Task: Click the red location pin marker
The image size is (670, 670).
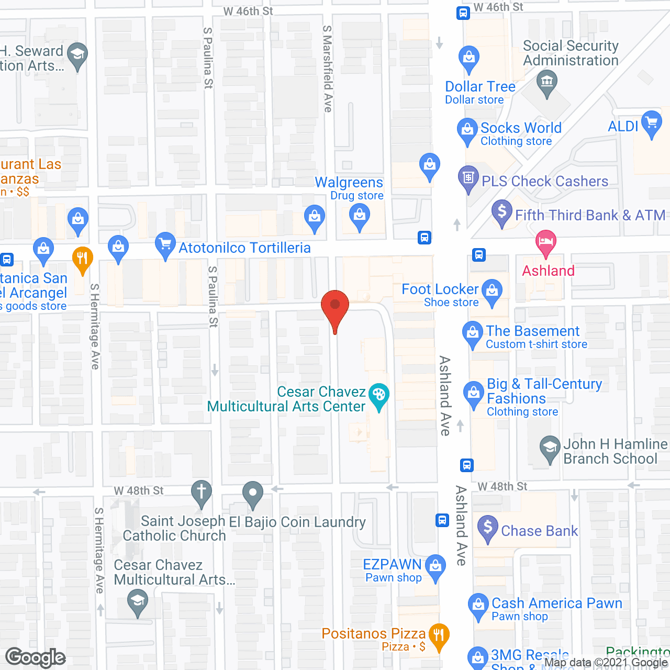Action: tap(335, 306)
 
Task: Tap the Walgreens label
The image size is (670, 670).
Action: tap(349, 183)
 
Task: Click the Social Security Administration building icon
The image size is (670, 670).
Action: tap(547, 82)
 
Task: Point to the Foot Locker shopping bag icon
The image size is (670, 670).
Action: tap(492, 291)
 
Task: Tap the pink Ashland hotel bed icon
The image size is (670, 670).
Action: tap(546, 242)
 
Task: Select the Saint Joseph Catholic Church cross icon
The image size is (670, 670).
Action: tap(201, 492)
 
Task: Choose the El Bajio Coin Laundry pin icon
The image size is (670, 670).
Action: tap(253, 493)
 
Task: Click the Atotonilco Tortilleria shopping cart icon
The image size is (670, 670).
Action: tap(165, 244)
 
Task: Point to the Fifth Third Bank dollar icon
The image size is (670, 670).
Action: tap(502, 212)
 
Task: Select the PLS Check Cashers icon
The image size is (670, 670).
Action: tap(468, 178)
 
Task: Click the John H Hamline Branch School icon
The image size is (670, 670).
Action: tap(550, 448)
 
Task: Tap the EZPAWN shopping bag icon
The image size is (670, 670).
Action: tap(435, 566)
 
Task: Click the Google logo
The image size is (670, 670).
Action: tap(36, 657)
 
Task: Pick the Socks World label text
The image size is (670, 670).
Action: tap(521, 128)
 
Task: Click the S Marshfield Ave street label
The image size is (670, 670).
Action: tap(328, 69)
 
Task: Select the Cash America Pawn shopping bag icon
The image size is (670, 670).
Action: tap(478, 605)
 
